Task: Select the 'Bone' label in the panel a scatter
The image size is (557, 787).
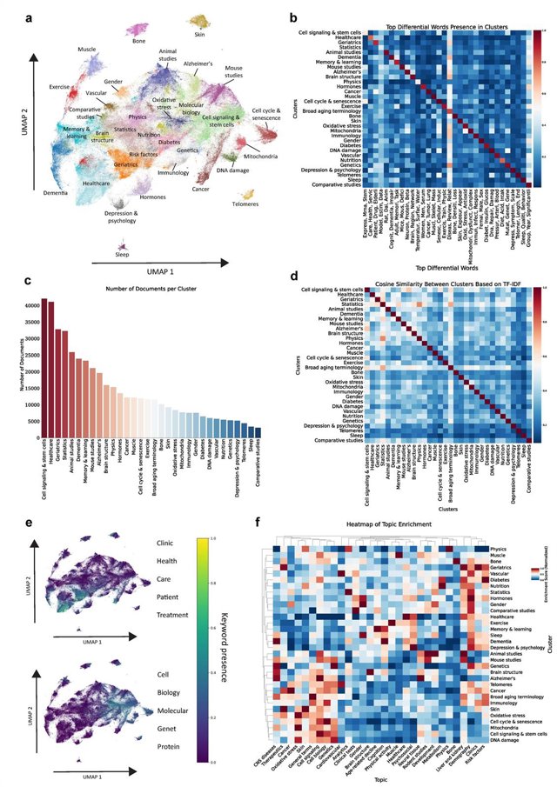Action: point(138,40)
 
